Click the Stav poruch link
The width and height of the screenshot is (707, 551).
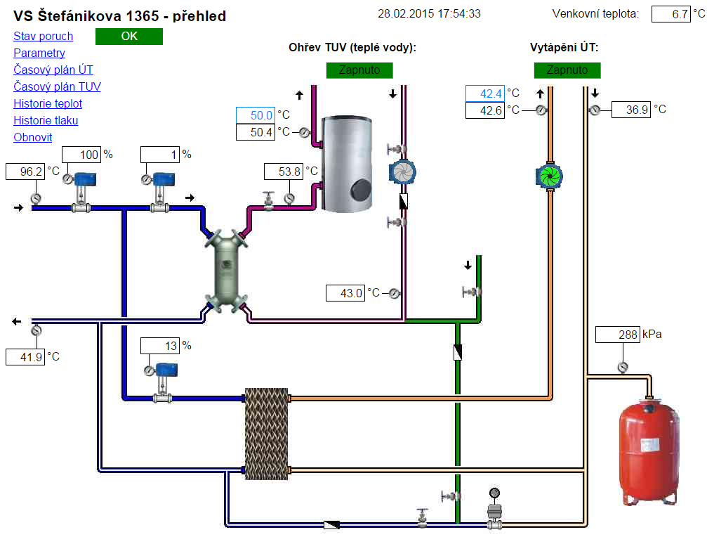pyautogui.click(x=43, y=36)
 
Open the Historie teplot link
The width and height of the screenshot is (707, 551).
pyautogui.click(x=48, y=103)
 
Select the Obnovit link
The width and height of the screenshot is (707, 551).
pyautogui.click(x=33, y=137)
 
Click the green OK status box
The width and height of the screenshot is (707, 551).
pyautogui.click(x=129, y=37)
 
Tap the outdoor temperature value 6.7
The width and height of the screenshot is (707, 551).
pyautogui.click(x=671, y=14)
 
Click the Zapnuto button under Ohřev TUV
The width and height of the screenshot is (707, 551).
pyautogui.click(x=359, y=70)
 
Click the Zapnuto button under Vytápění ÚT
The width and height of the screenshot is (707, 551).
pyautogui.click(x=567, y=70)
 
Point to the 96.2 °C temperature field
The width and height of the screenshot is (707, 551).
pyautogui.click(x=25, y=171)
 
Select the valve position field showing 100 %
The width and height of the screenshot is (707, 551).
pyautogui.click(x=81, y=155)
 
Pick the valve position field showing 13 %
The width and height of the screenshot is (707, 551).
pyautogui.click(x=160, y=346)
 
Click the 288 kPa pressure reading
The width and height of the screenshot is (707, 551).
pyautogui.click(x=618, y=335)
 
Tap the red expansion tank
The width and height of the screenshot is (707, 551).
pyautogui.click(x=649, y=450)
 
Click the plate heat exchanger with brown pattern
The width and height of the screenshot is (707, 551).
pyautogui.click(x=266, y=433)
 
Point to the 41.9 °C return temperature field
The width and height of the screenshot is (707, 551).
pyautogui.click(x=25, y=357)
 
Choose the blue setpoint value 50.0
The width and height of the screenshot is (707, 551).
pyautogui.click(x=254, y=115)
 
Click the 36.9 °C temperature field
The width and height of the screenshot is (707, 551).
pyautogui.click(x=630, y=110)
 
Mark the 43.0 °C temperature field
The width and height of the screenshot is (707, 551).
pyautogui.click(x=346, y=293)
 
